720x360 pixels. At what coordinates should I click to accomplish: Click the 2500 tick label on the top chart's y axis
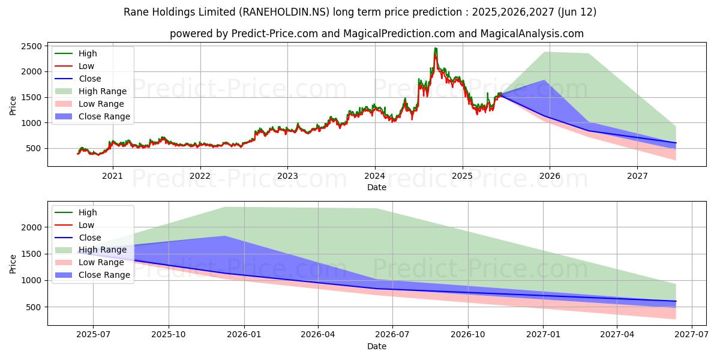[31, 46]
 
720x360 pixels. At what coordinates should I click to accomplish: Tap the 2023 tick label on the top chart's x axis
[287, 176]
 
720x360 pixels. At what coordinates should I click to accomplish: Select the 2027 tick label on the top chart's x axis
[637, 176]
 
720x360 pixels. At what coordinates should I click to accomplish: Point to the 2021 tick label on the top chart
[112, 176]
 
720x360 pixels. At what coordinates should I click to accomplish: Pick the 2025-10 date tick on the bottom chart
[169, 335]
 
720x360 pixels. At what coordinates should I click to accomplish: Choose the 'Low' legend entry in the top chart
[86, 66]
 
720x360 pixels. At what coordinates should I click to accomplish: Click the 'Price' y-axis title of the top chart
[13, 106]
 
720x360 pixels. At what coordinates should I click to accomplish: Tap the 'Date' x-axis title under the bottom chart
[377, 346]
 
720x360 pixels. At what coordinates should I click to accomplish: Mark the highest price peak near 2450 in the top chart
[436, 49]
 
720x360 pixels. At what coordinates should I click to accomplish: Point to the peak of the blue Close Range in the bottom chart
[225, 236]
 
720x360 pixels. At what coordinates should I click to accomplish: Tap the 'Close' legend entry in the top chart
[89, 79]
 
